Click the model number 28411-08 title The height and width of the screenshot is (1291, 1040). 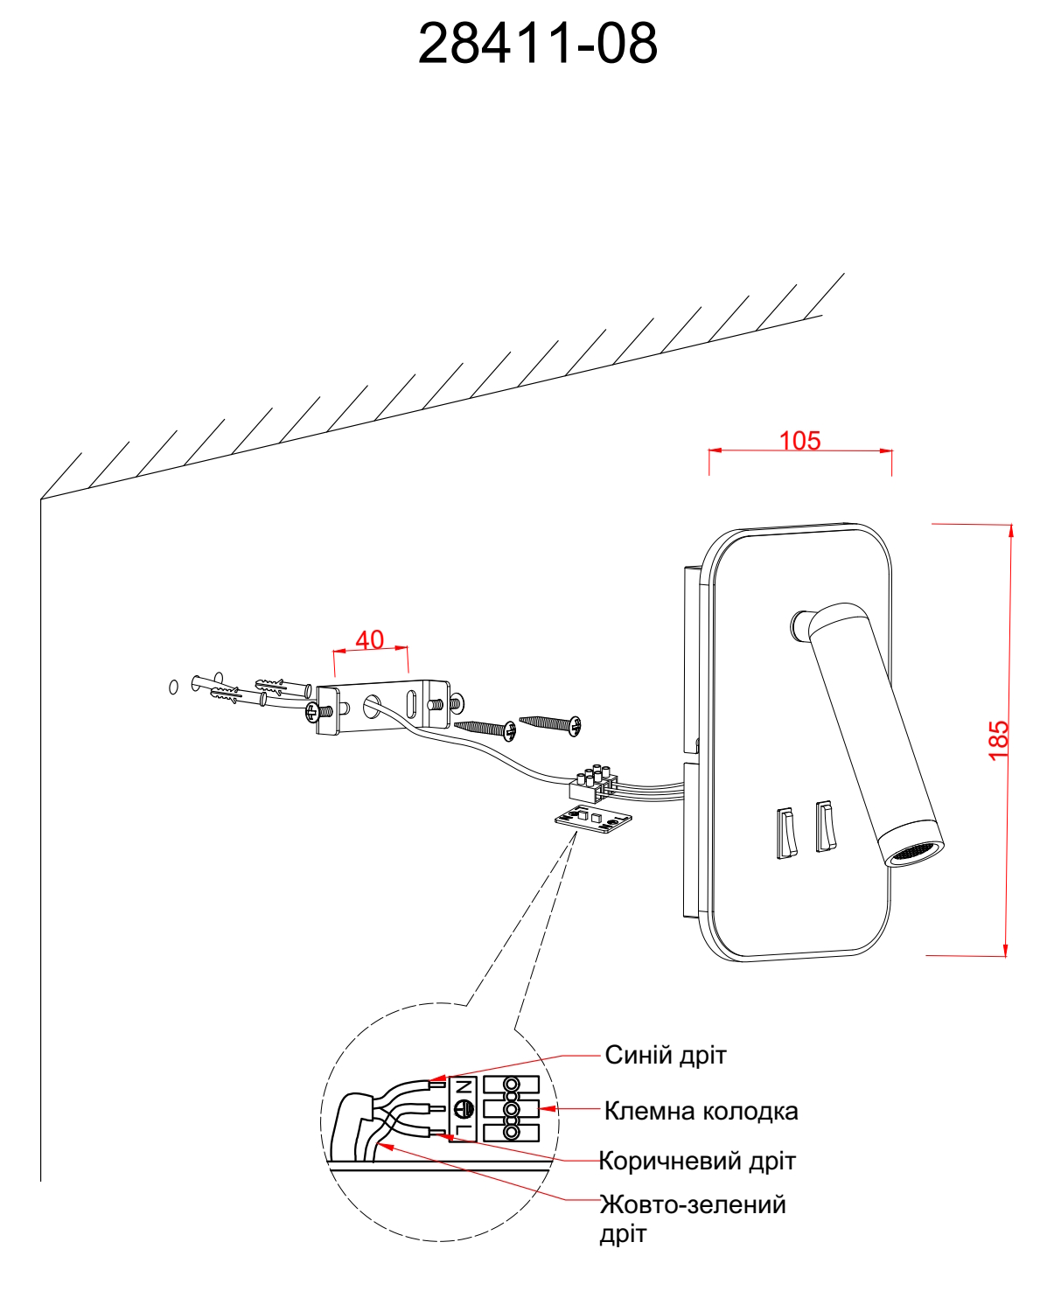tap(537, 43)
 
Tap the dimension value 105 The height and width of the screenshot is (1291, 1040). tap(799, 440)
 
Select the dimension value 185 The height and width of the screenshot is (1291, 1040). tap(998, 740)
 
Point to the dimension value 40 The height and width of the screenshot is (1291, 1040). tap(369, 639)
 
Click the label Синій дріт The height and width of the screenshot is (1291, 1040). tap(665, 1055)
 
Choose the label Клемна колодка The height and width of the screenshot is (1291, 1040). tap(701, 1111)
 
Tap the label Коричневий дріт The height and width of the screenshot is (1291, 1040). tap(697, 1161)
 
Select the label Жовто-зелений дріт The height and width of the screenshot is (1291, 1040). tap(692, 1218)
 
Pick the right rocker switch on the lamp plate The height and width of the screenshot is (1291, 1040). tap(825, 825)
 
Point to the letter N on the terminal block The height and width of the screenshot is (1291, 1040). tap(464, 1088)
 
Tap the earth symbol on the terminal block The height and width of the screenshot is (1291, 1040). tap(464, 1110)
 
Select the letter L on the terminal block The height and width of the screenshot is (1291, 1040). tap(464, 1131)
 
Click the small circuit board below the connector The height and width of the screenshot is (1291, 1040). tap(594, 819)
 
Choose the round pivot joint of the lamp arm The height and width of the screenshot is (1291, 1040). tap(799, 624)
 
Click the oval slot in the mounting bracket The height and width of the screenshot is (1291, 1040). tap(411, 703)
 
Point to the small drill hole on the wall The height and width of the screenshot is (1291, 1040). tap(173, 687)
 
